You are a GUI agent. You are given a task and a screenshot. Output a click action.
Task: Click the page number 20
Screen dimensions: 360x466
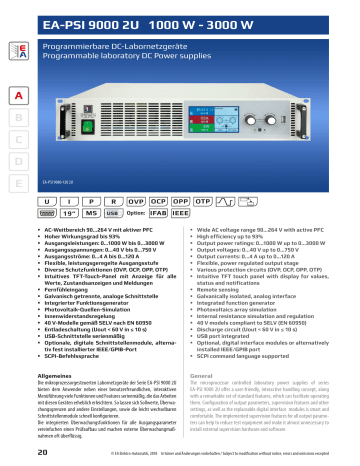16,453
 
